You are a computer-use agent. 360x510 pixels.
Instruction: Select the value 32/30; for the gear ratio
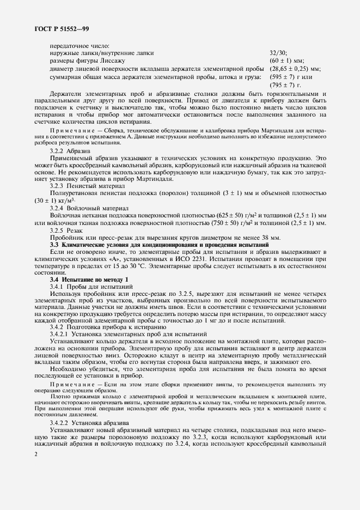(x=278, y=53)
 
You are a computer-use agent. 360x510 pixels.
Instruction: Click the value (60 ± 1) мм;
(x=286, y=61)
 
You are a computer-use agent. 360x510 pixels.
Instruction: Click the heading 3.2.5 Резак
(x=65, y=231)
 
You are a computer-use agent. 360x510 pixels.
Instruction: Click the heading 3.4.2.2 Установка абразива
(x=89, y=422)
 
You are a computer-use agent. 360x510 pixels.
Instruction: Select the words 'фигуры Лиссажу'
(x=94, y=61)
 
